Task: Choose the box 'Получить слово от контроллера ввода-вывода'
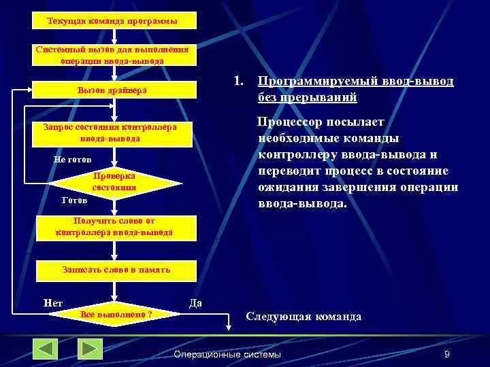(114, 227)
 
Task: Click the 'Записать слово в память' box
(114, 270)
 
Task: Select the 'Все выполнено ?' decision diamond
(116, 315)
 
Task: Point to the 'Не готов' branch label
(71, 159)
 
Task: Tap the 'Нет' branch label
(52, 302)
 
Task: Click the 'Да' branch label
(195, 302)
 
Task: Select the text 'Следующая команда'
(304, 317)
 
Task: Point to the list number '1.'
(238, 82)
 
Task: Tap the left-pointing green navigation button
(46, 349)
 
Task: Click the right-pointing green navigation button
(89, 349)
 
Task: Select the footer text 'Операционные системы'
(227, 355)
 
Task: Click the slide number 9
(446, 355)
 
